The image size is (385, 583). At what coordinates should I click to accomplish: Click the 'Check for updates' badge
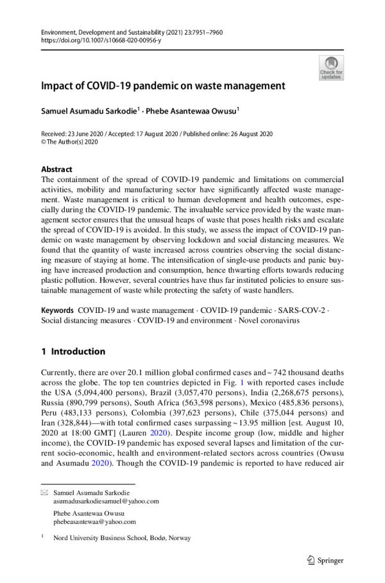(x=330, y=68)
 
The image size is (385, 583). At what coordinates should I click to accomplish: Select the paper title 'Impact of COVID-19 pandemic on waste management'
(x=163, y=85)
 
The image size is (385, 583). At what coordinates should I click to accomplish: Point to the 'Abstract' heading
(x=56, y=169)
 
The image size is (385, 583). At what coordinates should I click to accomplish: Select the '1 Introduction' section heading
(x=72, y=351)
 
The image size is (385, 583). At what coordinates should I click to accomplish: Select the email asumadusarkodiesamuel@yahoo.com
(x=106, y=501)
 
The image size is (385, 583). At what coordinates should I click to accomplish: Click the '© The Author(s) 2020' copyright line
(x=71, y=142)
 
